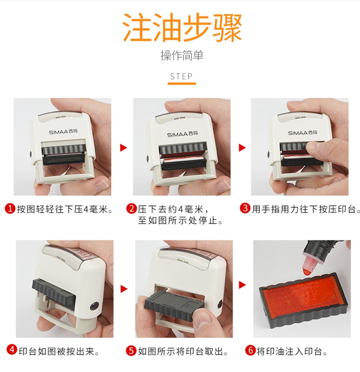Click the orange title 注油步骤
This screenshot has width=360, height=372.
[x=182, y=27]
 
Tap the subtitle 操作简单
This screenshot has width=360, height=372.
[x=182, y=56]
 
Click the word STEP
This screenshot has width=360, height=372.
[x=181, y=76]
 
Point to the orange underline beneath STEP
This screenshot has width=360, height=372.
[x=182, y=84]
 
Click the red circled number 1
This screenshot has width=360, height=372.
[x=10, y=209]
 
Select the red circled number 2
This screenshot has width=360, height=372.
[x=131, y=209]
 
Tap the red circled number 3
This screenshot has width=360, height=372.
[x=245, y=208]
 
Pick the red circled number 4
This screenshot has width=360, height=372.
[x=12, y=350]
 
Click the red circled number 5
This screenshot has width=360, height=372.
[x=131, y=351]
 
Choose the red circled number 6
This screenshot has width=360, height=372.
[x=250, y=350]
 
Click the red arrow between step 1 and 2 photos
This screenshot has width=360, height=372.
[x=123, y=147]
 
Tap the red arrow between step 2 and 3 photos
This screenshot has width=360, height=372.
[x=242, y=147]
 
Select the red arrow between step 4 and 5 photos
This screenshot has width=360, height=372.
[x=124, y=289]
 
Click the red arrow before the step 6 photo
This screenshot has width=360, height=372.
[x=242, y=285]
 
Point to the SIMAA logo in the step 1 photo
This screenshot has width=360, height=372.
[x=63, y=132]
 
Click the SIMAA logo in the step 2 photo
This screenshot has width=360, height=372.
[x=182, y=134]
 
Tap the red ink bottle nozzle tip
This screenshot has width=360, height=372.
[x=307, y=272]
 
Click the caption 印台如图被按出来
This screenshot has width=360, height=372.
[x=60, y=351]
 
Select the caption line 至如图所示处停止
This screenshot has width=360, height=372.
[x=181, y=221]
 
